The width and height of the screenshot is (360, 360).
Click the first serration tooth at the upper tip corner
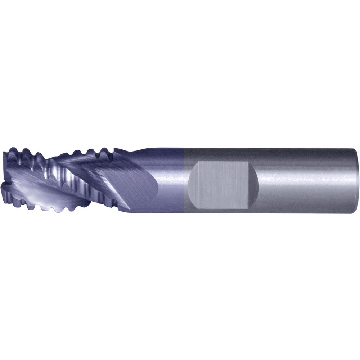coord(13,149)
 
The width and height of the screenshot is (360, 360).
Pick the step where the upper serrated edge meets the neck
coord(114,149)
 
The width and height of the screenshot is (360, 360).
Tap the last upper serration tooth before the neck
coord(104,150)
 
